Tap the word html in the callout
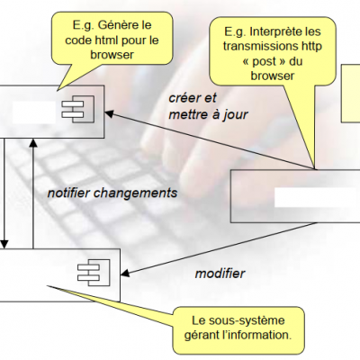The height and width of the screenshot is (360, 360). (107, 40)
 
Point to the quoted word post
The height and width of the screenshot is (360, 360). (265, 62)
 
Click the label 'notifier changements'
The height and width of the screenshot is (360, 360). (112, 193)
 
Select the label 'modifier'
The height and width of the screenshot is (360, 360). (220, 274)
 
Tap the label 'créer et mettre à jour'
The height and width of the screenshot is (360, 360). (208, 106)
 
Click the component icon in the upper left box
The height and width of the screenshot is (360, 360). (78, 109)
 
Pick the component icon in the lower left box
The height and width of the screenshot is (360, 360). (94, 273)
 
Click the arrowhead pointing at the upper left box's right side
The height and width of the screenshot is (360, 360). (108, 113)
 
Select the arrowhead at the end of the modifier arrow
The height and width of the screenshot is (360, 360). (125, 273)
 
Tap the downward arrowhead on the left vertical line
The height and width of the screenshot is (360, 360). (4, 244)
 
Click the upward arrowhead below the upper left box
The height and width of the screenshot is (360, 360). (33, 143)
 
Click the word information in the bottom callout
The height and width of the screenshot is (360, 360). (260, 335)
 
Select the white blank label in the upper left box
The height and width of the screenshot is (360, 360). (34, 112)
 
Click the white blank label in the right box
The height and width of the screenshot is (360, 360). (318, 197)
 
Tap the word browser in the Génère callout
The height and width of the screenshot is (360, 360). (112, 55)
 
